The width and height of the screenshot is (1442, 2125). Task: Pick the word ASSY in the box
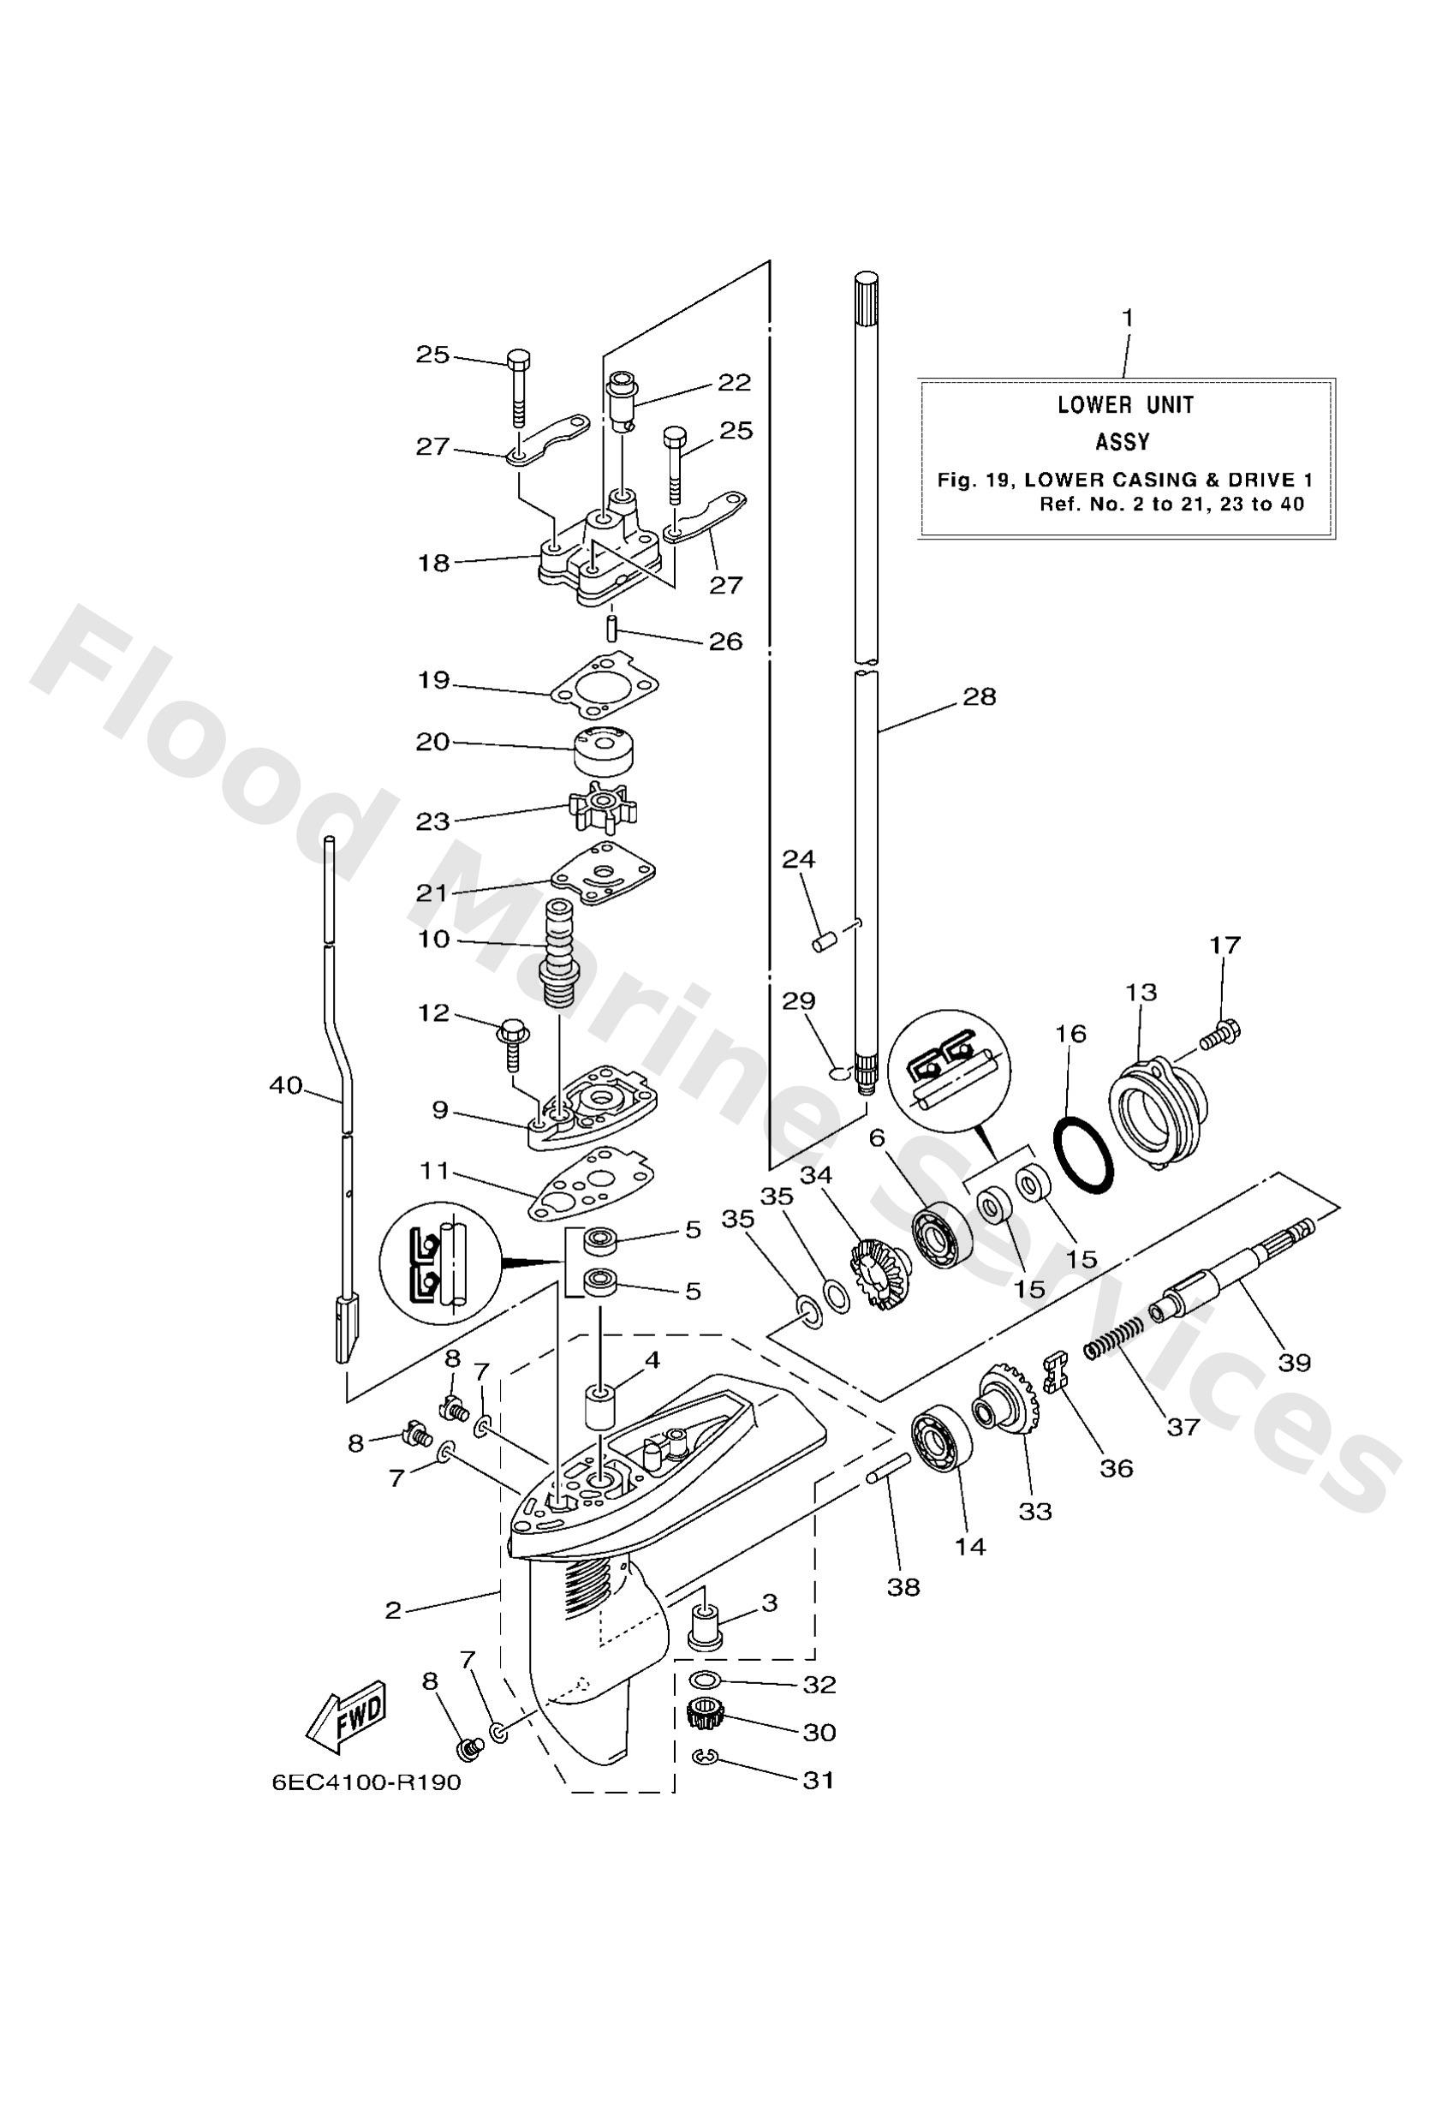coord(1122,443)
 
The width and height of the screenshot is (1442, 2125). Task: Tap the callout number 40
coord(285,1085)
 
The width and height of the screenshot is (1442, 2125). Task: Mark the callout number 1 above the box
coord(1128,317)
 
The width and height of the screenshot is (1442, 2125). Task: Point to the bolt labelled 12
coord(509,1043)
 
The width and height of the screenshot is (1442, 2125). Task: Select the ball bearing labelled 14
coord(940,1447)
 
